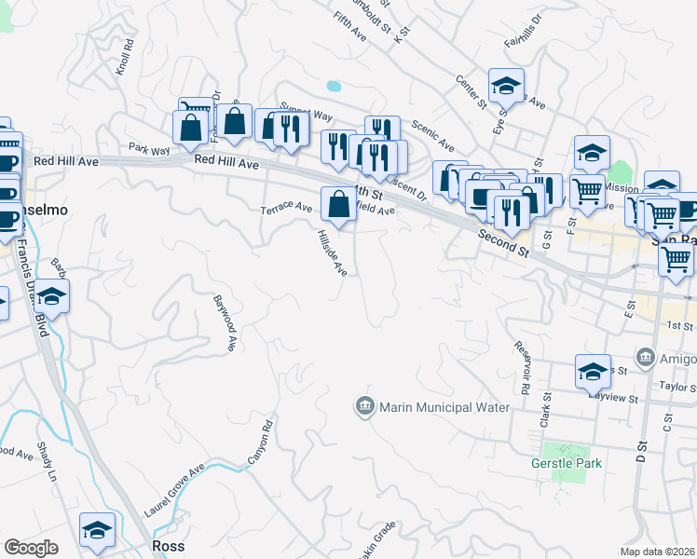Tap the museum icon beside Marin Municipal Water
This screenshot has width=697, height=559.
364,407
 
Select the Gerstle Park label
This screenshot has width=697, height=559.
566,463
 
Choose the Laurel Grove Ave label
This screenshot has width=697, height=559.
174,491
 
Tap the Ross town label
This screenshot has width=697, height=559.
169,546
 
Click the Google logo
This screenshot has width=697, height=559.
32,547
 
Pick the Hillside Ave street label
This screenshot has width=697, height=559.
333,252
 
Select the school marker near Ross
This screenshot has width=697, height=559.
97,530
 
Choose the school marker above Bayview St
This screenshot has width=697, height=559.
593,372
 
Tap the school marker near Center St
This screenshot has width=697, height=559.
506,86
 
